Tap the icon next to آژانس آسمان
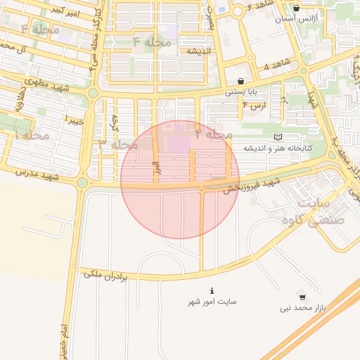[x=297, y=9]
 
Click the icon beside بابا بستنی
[x=241, y=81]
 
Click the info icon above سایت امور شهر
[x=212, y=290]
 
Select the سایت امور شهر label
[x=212, y=302]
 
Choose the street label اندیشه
[x=199, y=51]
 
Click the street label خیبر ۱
[x=75, y=119]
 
